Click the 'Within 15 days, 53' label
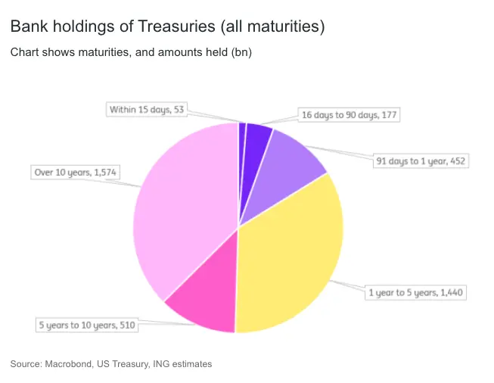point(147,110)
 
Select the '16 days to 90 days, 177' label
point(349,115)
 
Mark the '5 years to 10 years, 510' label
point(87,325)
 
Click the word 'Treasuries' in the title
point(178,27)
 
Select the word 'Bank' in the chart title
point(27,27)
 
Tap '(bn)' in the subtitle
point(241,53)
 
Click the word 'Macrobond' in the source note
point(68,364)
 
